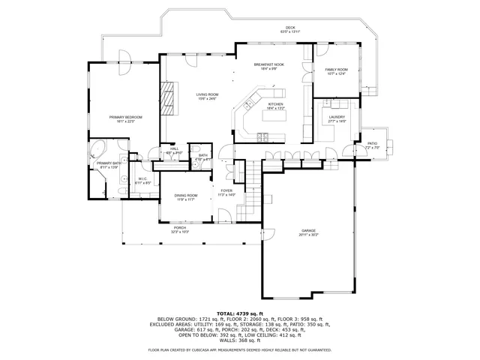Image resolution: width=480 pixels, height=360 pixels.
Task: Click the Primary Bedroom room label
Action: [125, 117]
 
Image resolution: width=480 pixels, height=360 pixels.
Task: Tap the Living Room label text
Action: [207, 94]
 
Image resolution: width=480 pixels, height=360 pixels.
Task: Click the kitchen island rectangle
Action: [274, 117]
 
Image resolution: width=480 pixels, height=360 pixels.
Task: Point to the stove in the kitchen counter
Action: [263, 136]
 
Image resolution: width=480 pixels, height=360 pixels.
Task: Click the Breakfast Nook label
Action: [268, 65]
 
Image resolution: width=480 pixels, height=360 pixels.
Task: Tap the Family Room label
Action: [336, 70]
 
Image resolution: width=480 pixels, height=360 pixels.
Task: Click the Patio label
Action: [372, 143]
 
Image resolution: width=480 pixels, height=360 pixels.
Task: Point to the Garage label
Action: [308, 231]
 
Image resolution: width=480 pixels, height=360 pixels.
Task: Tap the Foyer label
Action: [226, 190]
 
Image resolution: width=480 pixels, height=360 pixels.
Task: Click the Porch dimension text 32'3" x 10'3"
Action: [180, 232]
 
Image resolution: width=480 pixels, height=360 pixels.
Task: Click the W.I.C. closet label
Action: [142, 178]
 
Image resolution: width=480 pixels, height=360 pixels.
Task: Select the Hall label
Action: [174, 148]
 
